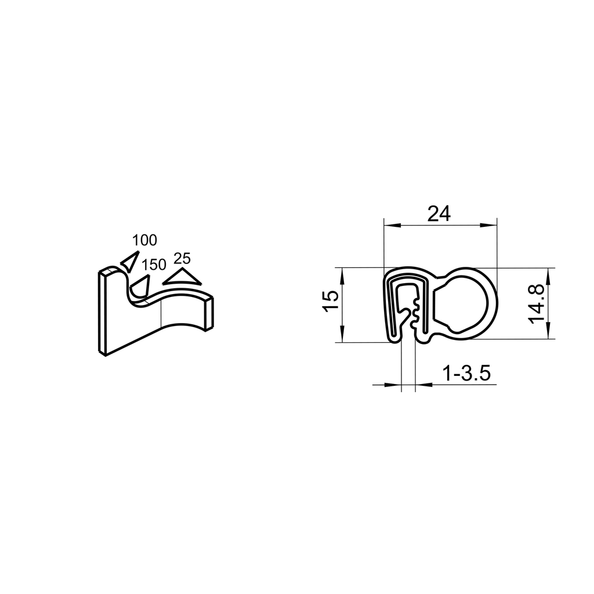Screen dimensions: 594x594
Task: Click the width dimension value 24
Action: point(439,213)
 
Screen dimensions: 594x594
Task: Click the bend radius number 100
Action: point(144,240)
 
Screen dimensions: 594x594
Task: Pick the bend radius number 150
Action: point(154,265)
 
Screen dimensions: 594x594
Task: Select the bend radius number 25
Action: point(182,259)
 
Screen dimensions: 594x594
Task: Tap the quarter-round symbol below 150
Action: point(140,285)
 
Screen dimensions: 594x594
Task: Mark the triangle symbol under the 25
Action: point(182,277)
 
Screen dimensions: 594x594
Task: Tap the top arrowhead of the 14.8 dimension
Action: point(548,273)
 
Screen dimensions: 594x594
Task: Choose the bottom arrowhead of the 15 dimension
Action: point(342,336)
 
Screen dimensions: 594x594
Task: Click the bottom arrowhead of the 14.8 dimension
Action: point(548,332)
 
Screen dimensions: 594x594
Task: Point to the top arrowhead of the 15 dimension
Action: point(342,274)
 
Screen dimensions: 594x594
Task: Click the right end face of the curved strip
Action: point(211,314)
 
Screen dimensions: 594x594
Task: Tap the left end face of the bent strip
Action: point(102,313)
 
